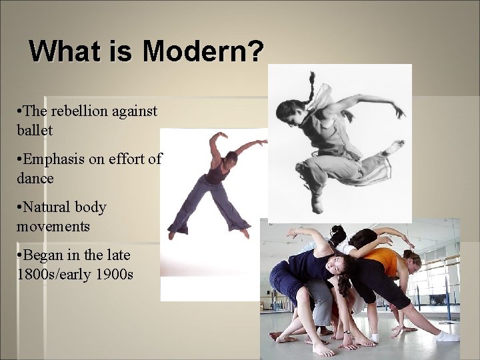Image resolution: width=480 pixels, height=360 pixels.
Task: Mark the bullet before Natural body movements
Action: pyautogui.click(x=20, y=208)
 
